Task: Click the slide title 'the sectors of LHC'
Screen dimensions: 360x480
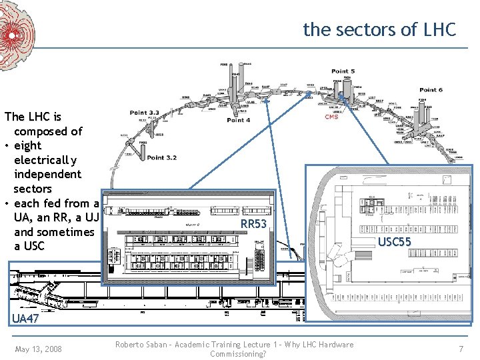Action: tap(379, 29)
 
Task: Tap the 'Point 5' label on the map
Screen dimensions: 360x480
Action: tap(343, 71)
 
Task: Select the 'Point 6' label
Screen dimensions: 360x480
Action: tap(431, 89)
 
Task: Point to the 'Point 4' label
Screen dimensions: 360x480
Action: tap(239, 120)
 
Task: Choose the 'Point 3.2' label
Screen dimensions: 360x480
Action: tap(162, 157)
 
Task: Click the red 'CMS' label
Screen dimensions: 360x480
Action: tap(331, 117)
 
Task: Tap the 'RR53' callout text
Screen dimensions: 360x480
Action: tap(253, 224)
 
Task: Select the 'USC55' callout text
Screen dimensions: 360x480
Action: tap(395, 241)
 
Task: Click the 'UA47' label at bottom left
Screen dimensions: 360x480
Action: tap(25, 319)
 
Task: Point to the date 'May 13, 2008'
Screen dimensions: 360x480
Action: tap(38, 349)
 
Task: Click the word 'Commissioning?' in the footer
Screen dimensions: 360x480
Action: tap(238, 354)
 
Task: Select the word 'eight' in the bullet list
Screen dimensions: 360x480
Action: tap(27, 145)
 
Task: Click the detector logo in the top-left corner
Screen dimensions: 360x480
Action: tap(16, 33)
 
